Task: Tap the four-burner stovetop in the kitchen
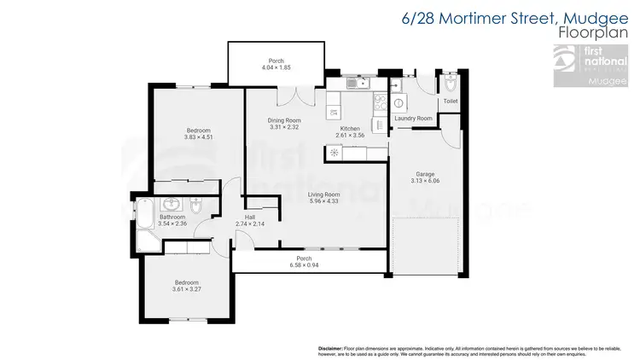pos(378,102)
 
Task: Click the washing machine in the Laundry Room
pos(399,102)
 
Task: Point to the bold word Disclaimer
pos(329,349)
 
